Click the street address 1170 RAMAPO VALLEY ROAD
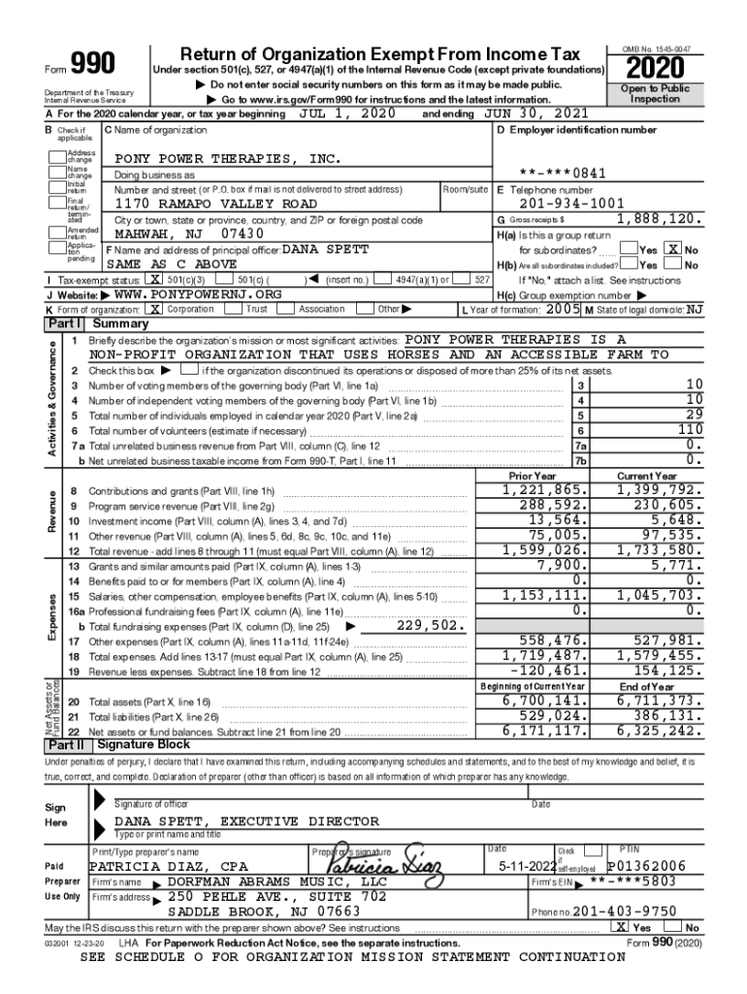(215, 205)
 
